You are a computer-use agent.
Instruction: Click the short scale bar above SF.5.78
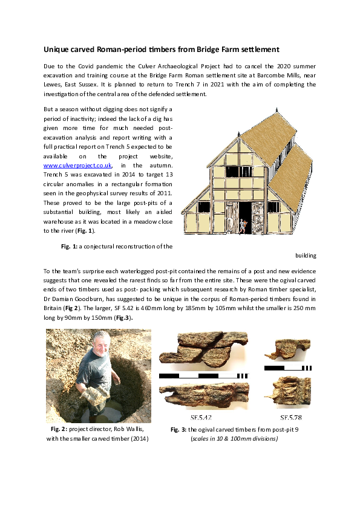tap(288, 367)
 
